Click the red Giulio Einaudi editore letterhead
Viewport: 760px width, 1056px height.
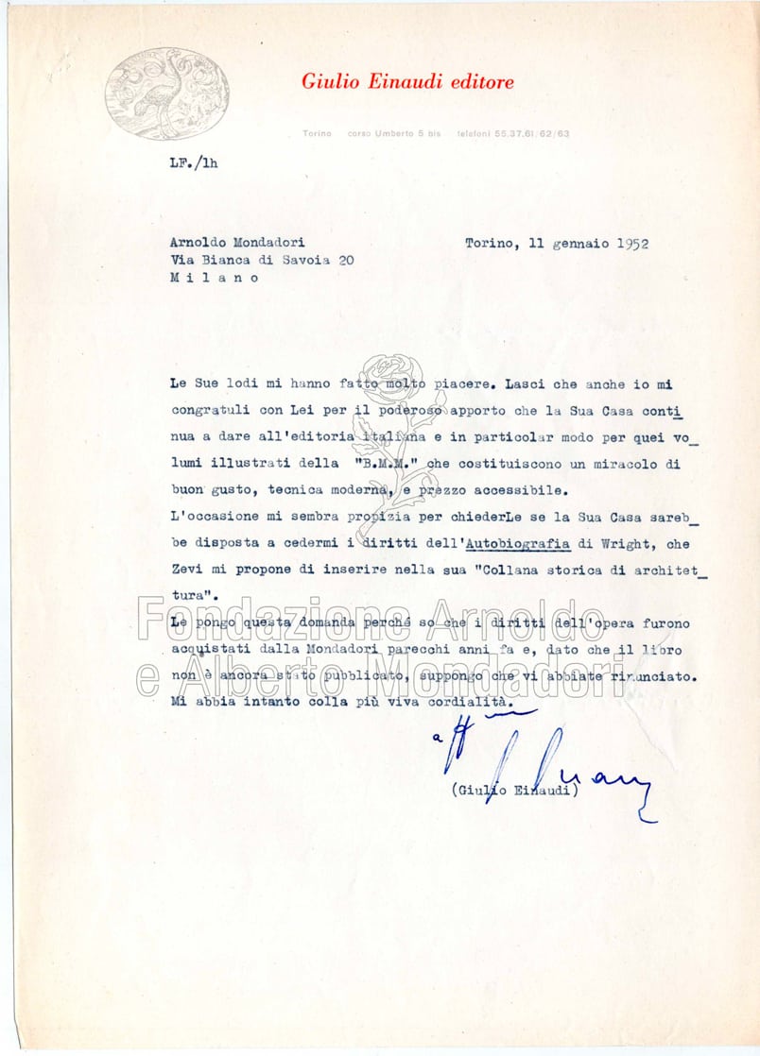tap(407, 82)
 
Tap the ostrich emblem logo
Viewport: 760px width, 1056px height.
tap(167, 94)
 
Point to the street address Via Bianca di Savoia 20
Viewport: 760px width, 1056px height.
tap(262, 261)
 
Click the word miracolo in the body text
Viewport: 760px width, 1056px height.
tap(612, 465)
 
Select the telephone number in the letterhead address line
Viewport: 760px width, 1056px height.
tap(512, 134)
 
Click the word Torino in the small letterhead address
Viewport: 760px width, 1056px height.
tap(317, 134)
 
